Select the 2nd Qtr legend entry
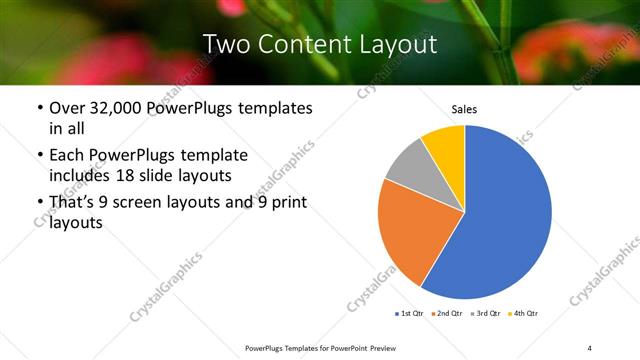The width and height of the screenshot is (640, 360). click(448, 314)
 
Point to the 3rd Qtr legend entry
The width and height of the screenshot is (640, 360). click(487, 314)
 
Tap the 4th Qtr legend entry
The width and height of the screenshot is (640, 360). click(526, 314)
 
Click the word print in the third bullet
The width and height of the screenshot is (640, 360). click(287, 203)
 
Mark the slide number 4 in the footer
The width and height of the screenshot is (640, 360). click(590, 347)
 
